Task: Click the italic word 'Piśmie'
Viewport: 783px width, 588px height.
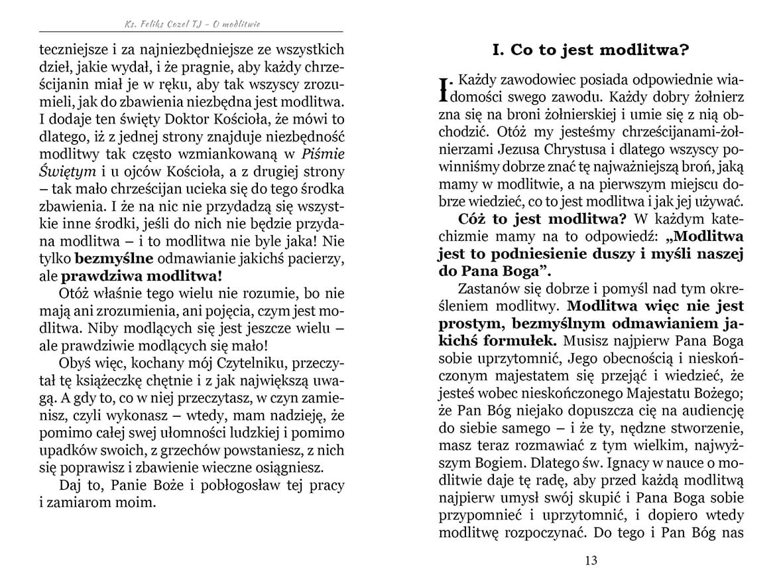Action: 323,154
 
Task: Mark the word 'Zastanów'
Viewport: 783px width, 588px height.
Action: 487,289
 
